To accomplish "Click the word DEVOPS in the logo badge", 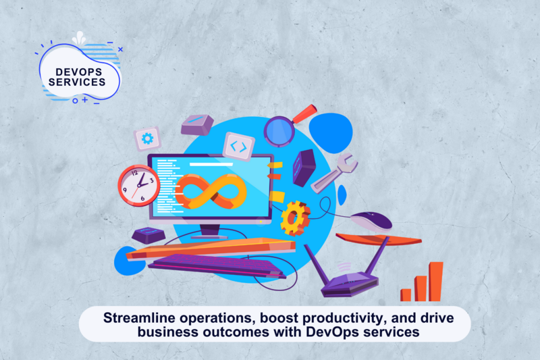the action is (79, 72).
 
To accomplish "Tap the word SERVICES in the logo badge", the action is (77, 82).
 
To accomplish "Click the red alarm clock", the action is (139, 185).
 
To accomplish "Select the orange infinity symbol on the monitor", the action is (211, 192).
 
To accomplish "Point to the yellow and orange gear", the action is (295, 218).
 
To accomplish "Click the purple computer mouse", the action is (371, 222).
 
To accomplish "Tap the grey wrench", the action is (334, 173).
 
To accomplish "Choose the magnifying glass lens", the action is (279, 132).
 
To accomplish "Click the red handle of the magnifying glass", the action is (305, 113).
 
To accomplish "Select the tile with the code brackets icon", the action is (239, 147).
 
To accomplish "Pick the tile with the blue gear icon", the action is (147, 139).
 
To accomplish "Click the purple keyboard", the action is (217, 266).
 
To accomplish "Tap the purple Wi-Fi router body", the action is (350, 284).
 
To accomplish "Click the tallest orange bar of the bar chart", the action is (436, 282).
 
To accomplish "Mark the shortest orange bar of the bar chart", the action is (406, 295).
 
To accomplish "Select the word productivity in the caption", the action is (343, 318).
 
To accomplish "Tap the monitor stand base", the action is (209, 237).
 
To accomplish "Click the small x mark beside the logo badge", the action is (121, 49).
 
